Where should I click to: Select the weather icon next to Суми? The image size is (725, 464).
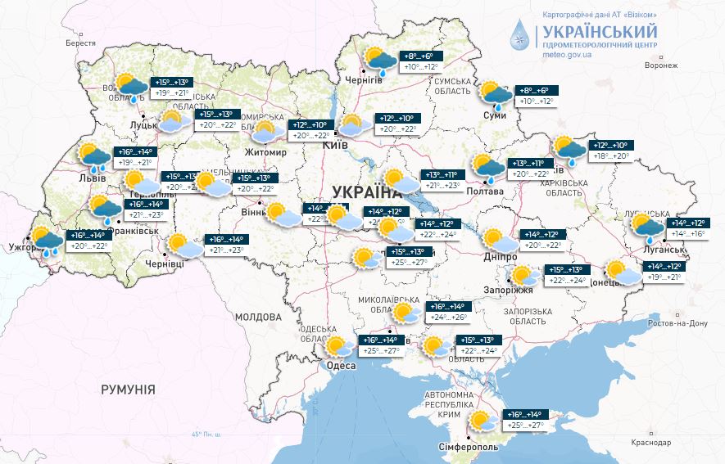[495, 95]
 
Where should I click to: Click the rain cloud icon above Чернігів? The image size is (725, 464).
[379, 61]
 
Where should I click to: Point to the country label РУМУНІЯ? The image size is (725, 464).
[128, 390]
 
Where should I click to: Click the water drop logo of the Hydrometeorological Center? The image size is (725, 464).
[519, 34]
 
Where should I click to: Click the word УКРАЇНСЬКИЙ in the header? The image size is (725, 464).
[600, 31]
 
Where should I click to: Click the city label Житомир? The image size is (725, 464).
[265, 152]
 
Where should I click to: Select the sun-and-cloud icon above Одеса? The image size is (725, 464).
[337, 346]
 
